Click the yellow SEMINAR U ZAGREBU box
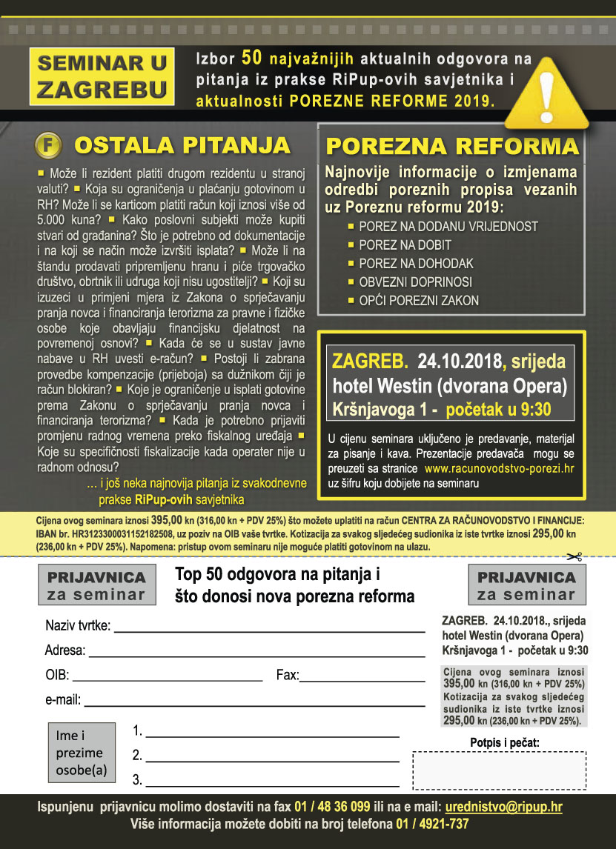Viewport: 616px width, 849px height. pyautogui.click(x=102, y=76)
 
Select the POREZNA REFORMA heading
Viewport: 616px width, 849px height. pyautogui.click(x=453, y=145)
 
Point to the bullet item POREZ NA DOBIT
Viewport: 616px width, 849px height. pyautogui.click(x=405, y=245)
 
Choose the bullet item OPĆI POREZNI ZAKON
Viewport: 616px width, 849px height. pyautogui.click(x=418, y=301)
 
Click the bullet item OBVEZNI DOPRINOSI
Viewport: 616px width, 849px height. pyautogui.click(x=415, y=282)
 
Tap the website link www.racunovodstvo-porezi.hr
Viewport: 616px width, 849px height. pyautogui.click(x=499, y=469)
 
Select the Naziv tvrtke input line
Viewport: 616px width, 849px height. pyautogui.click(x=268, y=627)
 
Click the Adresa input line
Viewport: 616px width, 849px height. pyautogui.click(x=256, y=652)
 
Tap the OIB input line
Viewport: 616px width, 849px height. pyautogui.click(x=168, y=676)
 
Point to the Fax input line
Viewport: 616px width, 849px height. pyautogui.click(x=362, y=676)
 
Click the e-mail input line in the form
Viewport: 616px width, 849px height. pyautogui.click(x=254, y=701)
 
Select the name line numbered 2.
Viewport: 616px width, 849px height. pyautogui.click(x=272, y=757)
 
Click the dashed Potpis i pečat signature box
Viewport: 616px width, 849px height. pyautogui.click(x=499, y=770)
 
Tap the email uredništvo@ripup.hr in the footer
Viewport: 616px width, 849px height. pyautogui.click(x=503, y=807)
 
